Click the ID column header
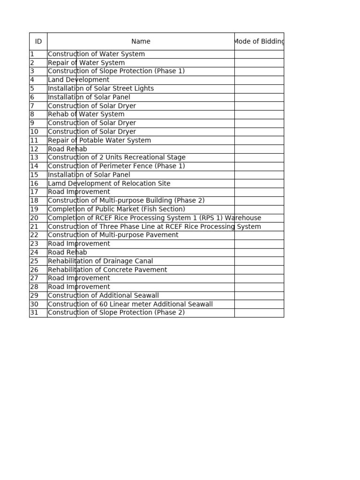[38, 41]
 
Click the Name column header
[141, 41]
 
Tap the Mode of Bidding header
[259, 41]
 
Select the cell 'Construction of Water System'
[96, 54]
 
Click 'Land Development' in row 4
[78, 80]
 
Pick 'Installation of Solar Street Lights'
[100, 89]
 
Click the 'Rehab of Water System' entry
[86, 114]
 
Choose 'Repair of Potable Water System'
[99, 141]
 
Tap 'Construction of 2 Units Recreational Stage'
[116, 157]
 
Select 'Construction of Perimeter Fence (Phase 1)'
[116, 166]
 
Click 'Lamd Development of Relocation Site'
[109, 184]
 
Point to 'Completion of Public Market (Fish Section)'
[116, 210]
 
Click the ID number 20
[34, 218]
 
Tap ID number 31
[34, 313]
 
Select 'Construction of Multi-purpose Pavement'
[113, 235]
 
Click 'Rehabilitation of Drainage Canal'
[100, 261]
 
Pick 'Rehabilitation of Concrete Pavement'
[107, 270]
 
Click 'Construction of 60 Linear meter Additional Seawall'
[130, 304]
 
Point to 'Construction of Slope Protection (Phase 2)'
[116, 313]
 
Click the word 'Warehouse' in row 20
[244, 218]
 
